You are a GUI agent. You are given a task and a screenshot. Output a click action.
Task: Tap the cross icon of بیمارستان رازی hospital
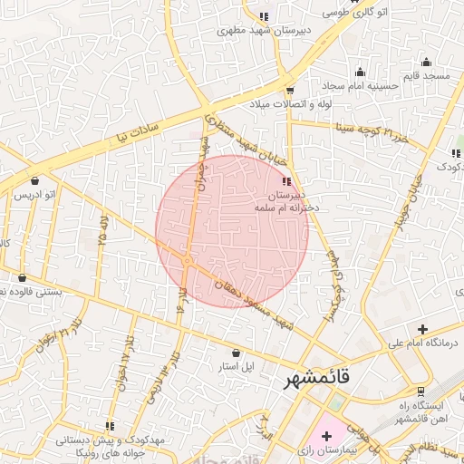coord(326,437)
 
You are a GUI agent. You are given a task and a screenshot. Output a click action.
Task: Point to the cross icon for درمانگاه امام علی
coord(422,329)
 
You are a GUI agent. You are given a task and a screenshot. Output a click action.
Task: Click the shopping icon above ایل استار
coord(237,353)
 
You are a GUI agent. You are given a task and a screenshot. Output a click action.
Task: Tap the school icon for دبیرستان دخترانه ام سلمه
coord(287,181)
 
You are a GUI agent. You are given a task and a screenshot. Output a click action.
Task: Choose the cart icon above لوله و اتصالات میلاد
coord(290,90)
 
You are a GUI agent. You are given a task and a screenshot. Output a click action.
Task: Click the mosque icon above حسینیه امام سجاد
coord(360,72)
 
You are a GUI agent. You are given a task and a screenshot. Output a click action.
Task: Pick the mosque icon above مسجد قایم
coord(426,63)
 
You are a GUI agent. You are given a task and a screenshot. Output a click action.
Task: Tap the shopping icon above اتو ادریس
coord(34,180)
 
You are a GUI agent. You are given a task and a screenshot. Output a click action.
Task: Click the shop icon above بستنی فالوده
coord(22,278)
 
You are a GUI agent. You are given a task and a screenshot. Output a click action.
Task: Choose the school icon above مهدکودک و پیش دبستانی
coord(110,426)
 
